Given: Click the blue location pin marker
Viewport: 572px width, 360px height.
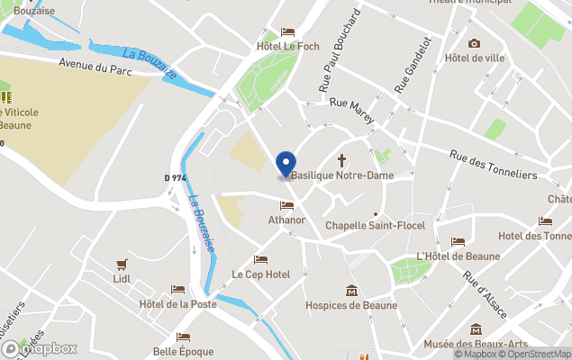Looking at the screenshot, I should point(286,165).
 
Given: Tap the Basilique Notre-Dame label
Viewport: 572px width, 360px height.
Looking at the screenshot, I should point(341,175).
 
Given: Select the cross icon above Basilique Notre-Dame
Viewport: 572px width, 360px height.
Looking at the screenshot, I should point(341,160).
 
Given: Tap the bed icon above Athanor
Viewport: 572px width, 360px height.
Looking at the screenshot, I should point(286,205).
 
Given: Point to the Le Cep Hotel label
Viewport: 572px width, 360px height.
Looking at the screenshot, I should point(261,274).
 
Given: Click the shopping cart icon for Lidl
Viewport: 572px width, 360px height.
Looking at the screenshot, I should point(122,265).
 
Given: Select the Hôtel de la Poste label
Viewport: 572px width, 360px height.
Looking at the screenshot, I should point(178,304).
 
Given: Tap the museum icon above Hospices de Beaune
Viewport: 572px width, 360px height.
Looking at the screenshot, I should point(351,291).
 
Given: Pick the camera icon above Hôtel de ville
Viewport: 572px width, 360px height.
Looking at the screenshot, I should point(474,43).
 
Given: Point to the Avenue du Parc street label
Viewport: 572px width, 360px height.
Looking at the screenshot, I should point(96,66).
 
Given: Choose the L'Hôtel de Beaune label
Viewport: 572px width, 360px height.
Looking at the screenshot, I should point(458,256).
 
